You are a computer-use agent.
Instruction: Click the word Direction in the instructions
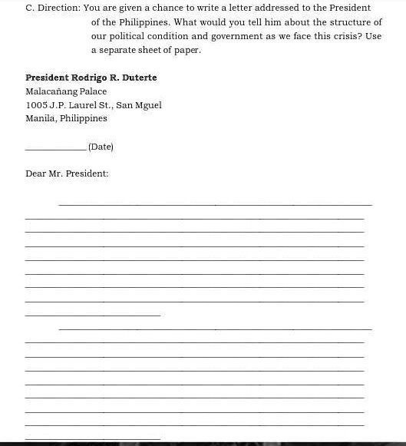pyautogui.click(x=59, y=8)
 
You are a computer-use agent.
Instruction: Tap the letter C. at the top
pyautogui.click(x=30, y=8)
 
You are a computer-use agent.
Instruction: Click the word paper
pyautogui.click(x=188, y=50)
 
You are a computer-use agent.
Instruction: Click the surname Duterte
pyautogui.click(x=139, y=78)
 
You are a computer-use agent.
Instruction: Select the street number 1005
pyautogui.click(x=36, y=105)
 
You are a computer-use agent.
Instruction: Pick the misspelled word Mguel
pyautogui.click(x=148, y=105)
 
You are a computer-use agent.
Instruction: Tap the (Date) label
pyautogui.click(x=101, y=147)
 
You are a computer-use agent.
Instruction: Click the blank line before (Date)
pyautogui.click(x=55, y=149)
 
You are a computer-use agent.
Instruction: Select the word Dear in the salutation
pyautogui.click(x=35, y=174)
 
